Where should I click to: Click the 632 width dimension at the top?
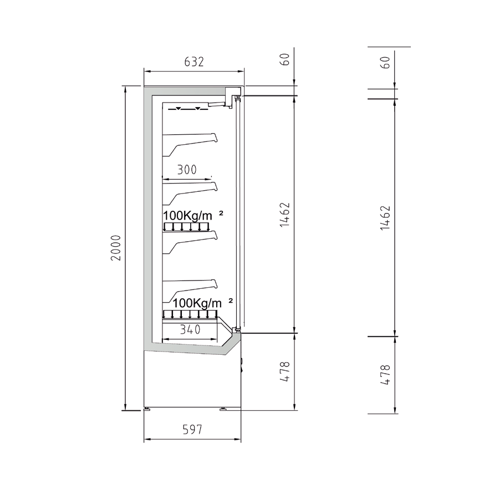point(194,62)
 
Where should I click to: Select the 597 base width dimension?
point(192,430)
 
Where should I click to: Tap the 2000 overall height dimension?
point(116,248)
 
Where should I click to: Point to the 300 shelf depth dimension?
point(187,170)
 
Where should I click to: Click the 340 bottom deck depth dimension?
point(190,329)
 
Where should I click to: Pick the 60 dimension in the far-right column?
point(385,62)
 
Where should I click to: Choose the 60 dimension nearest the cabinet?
point(285,59)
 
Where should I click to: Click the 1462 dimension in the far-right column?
point(385,218)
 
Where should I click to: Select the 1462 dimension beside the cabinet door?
point(285,215)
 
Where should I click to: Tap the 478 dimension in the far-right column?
point(385,375)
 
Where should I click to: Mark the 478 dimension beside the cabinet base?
point(285,371)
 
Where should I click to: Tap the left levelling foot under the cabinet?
point(146,409)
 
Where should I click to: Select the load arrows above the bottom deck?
point(190,314)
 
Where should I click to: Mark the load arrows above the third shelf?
point(186,227)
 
